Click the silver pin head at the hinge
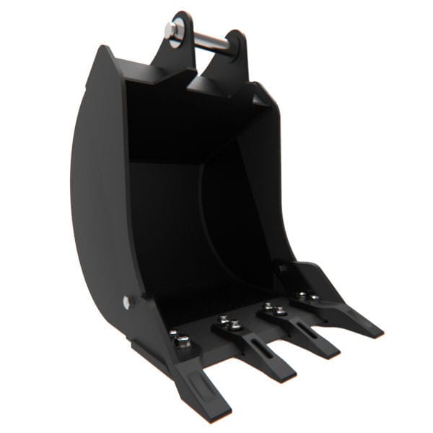[173, 30]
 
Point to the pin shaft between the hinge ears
[209, 39]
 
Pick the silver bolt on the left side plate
[128, 302]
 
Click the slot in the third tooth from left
[304, 330]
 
